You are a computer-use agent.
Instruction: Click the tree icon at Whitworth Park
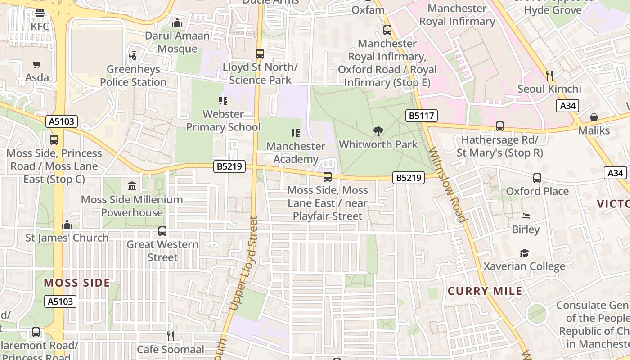[x=378, y=131]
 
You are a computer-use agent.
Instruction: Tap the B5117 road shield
[x=421, y=116]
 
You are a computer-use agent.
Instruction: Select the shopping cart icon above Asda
[x=37, y=65]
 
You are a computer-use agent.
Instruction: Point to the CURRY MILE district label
[x=485, y=291]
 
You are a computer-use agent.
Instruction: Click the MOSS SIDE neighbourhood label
[x=77, y=283]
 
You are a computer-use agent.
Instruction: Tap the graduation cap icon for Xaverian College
[x=524, y=253]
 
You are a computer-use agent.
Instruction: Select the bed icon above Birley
[x=525, y=216]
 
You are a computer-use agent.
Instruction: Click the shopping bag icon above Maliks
[x=594, y=118]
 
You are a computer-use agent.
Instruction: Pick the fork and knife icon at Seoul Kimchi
[x=549, y=75]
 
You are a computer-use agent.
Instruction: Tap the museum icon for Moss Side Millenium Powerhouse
[x=132, y=186]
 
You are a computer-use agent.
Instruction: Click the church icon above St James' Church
[x=67, y=225]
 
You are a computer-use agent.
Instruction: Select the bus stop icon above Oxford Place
[x=537, y=178]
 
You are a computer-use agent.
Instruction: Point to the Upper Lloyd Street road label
[x=243, y=263]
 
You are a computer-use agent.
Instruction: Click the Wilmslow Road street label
[x=448, y=184]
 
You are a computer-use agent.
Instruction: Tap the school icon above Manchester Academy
[x=296, y=133]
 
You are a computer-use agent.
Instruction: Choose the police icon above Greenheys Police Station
[x=133, y=56]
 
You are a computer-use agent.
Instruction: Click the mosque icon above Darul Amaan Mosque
[x=177, y=22]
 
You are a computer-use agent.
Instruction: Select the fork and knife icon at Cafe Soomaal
[x=170, y=336]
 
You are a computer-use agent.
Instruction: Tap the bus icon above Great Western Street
[x=162, y=232]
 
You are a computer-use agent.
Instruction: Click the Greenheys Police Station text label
[x=133, y=76]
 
